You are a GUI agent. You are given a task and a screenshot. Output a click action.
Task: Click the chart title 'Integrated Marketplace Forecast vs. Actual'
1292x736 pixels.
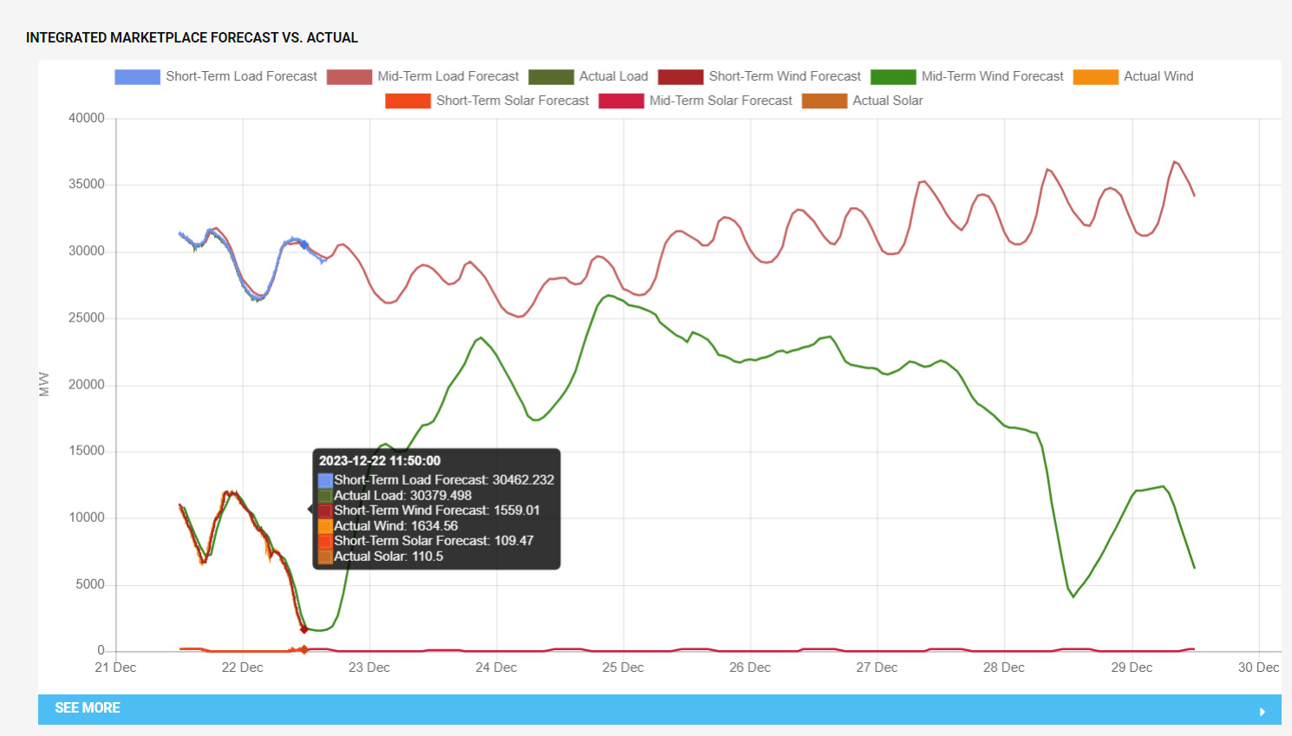[192, 37]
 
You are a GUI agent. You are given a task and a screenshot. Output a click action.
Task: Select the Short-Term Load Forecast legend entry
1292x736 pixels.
[216, 76]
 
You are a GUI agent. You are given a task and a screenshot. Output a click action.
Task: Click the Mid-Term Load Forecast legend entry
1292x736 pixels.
[422, 76]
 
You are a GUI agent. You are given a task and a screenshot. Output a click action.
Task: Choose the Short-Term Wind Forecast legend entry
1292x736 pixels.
[760, 76]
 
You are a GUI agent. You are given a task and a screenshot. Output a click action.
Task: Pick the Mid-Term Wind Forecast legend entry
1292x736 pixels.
[967, 76]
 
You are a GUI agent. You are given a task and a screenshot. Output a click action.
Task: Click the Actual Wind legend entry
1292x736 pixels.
[1133, 76]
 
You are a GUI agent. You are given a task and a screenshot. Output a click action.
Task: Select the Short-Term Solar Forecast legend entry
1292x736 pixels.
[487, 101]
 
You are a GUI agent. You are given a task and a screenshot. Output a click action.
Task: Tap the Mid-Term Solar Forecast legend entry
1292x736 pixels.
[695, 101]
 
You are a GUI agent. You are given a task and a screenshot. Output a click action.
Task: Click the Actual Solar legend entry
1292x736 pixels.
[863, 101]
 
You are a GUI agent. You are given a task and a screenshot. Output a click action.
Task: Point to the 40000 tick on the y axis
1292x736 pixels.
[87, 118]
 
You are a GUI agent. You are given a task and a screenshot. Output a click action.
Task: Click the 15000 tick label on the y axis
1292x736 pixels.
[87, 451]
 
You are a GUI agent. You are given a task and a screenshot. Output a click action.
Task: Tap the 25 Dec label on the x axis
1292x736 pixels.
[623, 668]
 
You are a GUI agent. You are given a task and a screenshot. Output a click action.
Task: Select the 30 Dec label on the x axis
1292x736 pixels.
[1258, 668]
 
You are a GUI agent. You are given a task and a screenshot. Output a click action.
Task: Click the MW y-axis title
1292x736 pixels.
[44, 384]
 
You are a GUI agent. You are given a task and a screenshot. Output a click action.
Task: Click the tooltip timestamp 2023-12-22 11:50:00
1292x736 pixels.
[380, 461]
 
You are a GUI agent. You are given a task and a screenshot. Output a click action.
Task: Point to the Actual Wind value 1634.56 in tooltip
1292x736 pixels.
[395, 525]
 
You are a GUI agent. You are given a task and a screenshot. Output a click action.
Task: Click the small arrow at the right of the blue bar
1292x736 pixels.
[1263, 711]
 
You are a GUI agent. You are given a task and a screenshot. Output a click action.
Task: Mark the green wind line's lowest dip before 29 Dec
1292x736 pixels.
[1073, 596]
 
